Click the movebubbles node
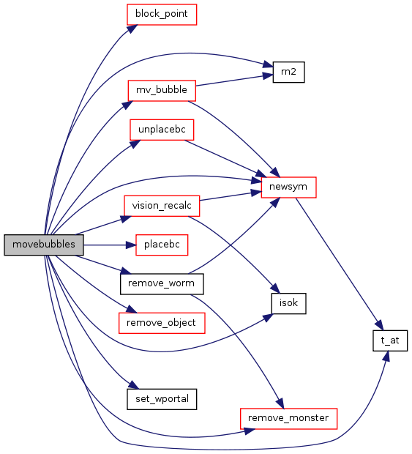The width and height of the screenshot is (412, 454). click(x=44, y=245)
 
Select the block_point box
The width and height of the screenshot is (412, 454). click(x=162, y=14)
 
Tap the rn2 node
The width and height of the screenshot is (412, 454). click(x=288, y=72)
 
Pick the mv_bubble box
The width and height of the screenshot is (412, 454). click(x=162, y=91)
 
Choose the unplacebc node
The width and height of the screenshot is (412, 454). click(x=162, y=130)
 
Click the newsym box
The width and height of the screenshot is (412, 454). click(x=288, y=187)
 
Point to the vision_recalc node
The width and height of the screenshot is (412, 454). click(x=162, y=206)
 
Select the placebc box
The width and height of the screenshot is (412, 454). click(x=162, y=245)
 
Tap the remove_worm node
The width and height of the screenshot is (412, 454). click(x=162, y=284)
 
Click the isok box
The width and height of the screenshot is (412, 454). click(x=288, y=303)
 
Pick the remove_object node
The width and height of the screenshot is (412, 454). click(x=162, y=323)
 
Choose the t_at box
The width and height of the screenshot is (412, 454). click(x=390, y=340)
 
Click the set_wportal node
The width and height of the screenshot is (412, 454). click(x=162, y=399)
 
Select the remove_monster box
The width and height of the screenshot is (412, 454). click(x=288, y=419)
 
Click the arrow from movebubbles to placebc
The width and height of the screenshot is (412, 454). click(x=110, y=245)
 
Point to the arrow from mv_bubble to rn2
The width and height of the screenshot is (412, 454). click(x=234, y=81)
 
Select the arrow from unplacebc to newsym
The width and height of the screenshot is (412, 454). click(x=225, y=159)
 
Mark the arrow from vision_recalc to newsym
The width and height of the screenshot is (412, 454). click(x=231, y=196)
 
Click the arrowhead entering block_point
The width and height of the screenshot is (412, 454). click(x=132, y=29)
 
